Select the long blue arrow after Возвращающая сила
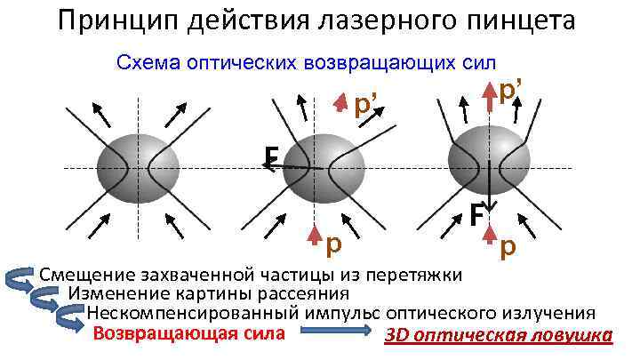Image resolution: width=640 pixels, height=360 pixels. (334, 334)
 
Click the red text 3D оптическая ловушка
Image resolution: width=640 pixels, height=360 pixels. (499, 336)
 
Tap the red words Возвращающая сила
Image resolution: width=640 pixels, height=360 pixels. (189, 334)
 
